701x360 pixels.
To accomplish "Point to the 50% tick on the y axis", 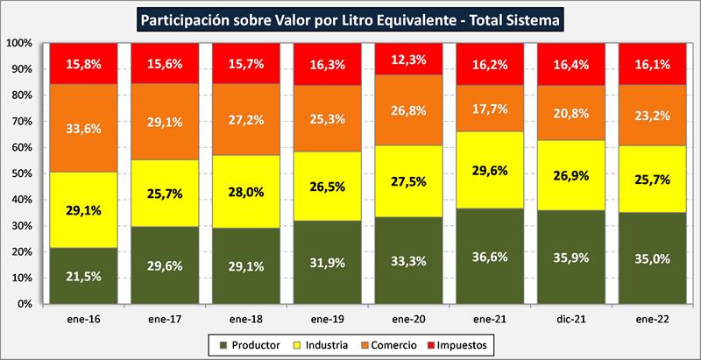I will point(20,173).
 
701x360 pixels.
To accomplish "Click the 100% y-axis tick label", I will point(18,43).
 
